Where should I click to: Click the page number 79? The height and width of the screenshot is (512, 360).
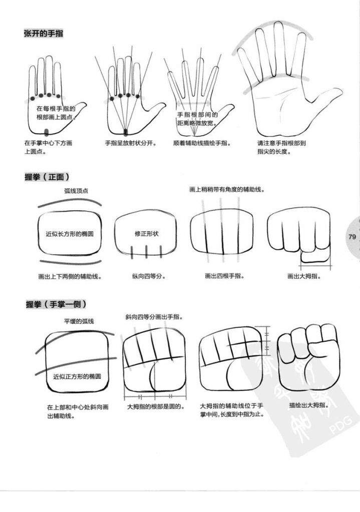pos(352,237)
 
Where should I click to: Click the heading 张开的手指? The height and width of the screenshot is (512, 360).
pos(44,34)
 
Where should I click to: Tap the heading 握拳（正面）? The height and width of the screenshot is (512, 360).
pos(48,177)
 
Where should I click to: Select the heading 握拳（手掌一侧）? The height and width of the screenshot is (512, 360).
pos(56,304)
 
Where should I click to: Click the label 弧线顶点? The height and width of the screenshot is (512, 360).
pos(76,191)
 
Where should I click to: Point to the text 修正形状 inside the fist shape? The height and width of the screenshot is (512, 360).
pos(146,234)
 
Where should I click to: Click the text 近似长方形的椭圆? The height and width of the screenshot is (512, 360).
pos(70,234)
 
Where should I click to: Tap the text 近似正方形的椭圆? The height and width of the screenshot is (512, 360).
pos(77,376)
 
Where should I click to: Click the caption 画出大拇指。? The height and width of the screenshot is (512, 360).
pos(304,276)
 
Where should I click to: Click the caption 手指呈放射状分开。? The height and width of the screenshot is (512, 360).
pos(131,143)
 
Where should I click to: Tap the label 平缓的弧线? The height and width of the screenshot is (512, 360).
pos(79,321)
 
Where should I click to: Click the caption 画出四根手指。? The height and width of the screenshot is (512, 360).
pos(224,276)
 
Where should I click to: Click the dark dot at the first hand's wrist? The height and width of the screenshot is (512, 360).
pos(46,132)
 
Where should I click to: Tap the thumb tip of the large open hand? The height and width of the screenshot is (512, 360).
pos(340,91)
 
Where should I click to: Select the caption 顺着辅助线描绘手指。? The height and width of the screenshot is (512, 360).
pos(202,143)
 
